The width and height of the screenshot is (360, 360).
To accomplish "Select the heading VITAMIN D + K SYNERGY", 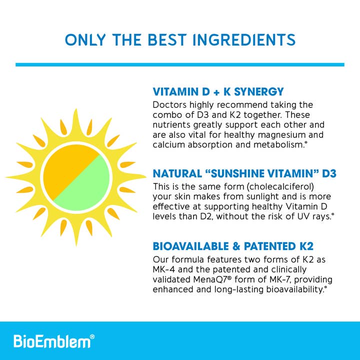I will (x=218, y=91).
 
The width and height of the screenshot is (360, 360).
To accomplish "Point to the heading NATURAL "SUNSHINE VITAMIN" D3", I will (x=244, y=173).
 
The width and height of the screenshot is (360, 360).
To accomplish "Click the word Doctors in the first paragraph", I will (x=169, y=105).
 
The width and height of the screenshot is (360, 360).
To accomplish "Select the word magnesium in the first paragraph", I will (x=291, y=135).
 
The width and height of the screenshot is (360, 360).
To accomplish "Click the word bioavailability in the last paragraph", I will (x=287, y=289).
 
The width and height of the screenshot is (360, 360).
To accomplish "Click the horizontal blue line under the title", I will (x=180, y=64).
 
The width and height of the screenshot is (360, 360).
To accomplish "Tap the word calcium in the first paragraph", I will (x=168, y=145).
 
